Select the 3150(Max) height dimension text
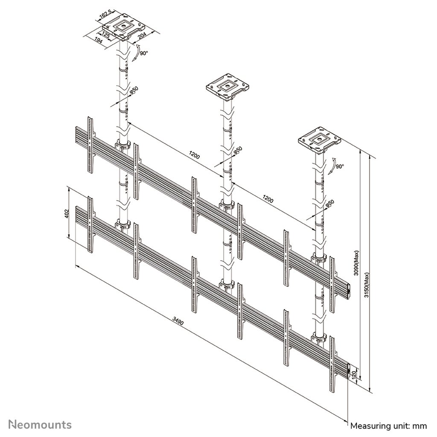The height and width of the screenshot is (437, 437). [x=367, y=285]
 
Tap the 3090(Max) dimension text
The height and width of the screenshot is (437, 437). [x=356, y=263]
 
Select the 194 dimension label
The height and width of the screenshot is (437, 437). [x=99, y=41]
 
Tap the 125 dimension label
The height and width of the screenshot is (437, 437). [x=105, y=35]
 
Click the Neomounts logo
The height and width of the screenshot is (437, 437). [x=40, y=425]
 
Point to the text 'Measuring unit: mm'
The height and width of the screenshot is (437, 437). [x=388, y=425]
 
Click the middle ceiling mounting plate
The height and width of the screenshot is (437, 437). [x=227, y=87]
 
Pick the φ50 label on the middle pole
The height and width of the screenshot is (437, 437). [x=238, y=150]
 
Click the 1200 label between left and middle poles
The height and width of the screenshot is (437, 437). [x=194, y=155]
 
